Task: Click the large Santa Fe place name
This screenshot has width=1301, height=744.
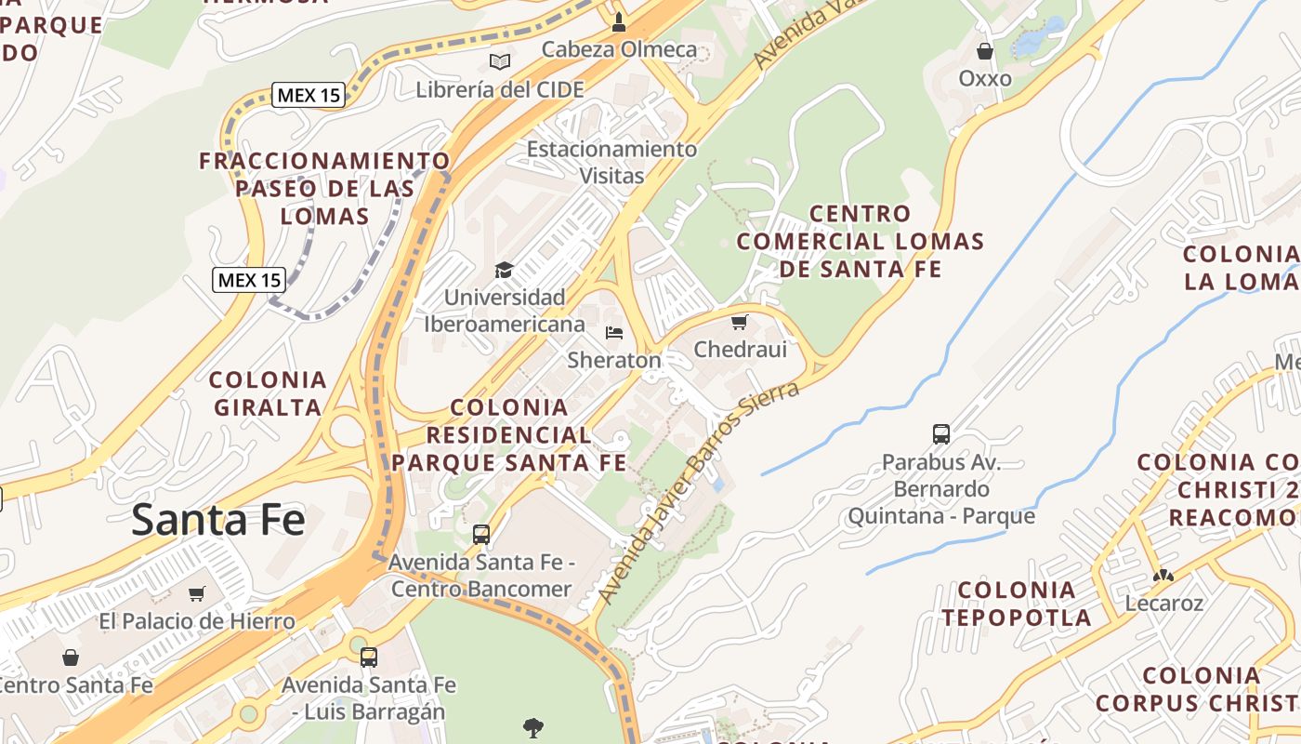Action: (217, 519)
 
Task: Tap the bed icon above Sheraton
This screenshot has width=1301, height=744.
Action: (613, 332)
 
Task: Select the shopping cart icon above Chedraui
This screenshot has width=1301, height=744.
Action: (739, 322)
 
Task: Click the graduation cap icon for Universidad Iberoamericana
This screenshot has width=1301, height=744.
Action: (504, 270)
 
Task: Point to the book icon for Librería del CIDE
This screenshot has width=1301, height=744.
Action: (500, 61)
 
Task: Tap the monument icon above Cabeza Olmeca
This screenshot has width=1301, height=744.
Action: (619, 20)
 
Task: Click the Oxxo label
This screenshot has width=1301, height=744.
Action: (984, 78)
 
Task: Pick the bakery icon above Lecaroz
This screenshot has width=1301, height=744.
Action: (1163, 575)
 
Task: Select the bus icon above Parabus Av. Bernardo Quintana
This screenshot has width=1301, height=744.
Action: (940, 433)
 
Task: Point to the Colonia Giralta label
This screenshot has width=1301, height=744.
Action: (268, 392)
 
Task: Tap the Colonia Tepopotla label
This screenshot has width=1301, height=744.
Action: (1016, 603)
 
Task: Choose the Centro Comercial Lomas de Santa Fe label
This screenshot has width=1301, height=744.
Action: (860, 242)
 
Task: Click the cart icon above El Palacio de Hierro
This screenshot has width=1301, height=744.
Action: (196, 593)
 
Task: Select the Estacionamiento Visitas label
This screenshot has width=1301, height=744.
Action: (611, 162)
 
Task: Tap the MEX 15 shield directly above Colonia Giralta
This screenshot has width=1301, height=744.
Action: (248, 279)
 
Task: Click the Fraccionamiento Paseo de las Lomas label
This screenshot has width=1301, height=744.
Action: (324, 188)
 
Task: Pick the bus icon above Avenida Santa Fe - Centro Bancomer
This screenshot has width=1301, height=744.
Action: (480, 535)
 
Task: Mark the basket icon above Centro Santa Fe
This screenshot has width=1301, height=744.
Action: (71, 658)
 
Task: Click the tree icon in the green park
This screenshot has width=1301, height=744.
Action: (533, 726)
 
